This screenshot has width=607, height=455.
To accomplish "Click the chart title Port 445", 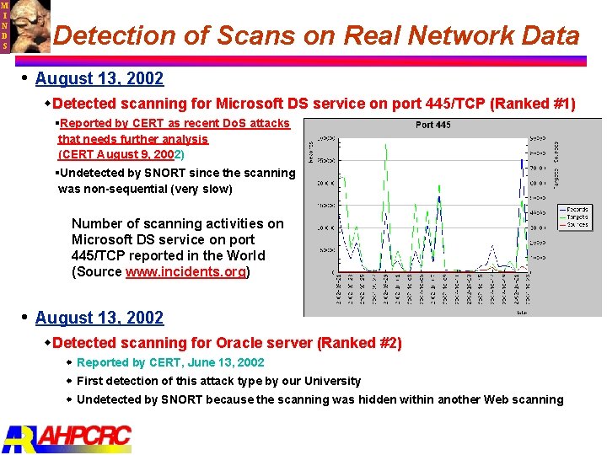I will click(x=433, y=125).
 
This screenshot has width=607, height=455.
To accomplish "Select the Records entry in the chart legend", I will click(x=577, y=208).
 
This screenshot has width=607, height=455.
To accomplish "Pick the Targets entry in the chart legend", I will click(x=577, y=217).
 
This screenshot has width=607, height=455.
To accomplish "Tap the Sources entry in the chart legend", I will click(x=577, y=225).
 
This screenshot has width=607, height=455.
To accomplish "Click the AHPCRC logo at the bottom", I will click(x=67, y=437).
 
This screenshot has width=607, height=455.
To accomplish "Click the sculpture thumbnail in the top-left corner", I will click(x=29, y=25).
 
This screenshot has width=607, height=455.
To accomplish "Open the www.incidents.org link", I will click(x=185, y=271).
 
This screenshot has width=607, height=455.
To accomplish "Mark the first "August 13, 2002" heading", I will click(x=99, y=79).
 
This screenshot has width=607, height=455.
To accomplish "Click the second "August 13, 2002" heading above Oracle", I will click(x=99, y=318).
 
